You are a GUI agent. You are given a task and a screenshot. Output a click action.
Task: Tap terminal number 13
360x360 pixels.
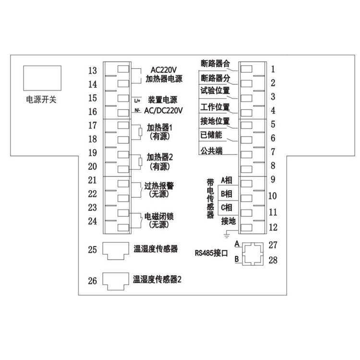click(93, 71)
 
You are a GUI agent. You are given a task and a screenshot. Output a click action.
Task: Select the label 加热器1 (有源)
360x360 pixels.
click(160, 132)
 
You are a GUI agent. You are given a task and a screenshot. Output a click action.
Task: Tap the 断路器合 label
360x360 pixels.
click(216, 63)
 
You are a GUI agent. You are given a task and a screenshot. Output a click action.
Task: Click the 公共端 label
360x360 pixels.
click(211, 150)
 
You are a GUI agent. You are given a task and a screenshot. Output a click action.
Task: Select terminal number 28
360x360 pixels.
click(273, 260)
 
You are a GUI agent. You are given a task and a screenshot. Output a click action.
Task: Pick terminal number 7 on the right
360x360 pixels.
click(272, 153)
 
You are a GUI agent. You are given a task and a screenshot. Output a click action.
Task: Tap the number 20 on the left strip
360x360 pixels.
click(93, 167)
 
